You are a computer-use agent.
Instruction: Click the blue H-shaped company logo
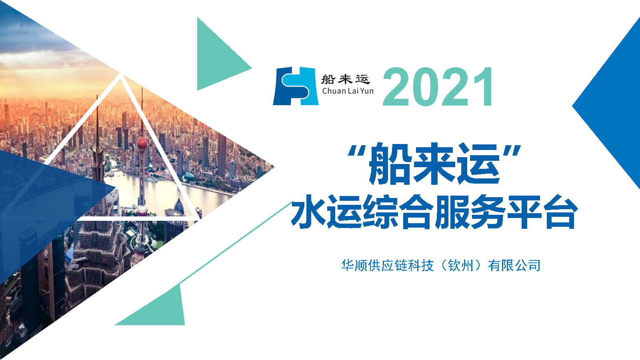(296, 86)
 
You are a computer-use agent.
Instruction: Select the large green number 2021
(438, 86)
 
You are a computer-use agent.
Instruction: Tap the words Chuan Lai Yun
(348, 91)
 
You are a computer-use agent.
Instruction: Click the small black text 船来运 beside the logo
(346, 79)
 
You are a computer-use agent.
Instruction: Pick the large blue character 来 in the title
(434, 163)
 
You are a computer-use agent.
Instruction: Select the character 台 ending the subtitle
(560, 212)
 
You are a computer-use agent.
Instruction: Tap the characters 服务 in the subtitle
(471, 212)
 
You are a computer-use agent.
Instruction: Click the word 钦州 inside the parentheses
(460, 266)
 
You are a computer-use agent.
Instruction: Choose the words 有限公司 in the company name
(514, 266)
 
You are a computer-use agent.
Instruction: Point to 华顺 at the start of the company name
(354, 266)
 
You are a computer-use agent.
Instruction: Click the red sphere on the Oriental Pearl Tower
(142, 143)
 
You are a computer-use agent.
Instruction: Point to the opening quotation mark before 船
(358, 151)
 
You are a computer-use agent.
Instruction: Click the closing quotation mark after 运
(512, 151)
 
